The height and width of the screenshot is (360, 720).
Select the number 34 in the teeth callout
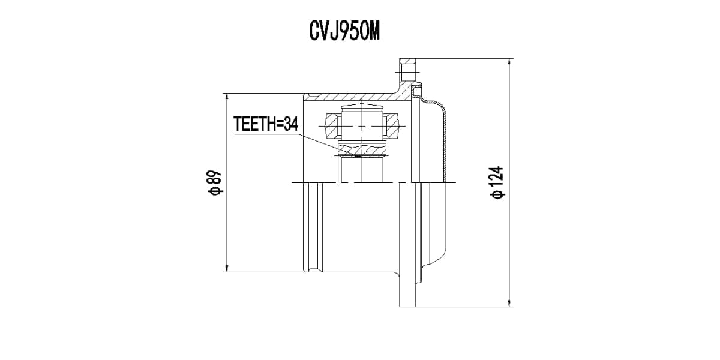(x=290, y=124)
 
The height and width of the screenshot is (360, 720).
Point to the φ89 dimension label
(x=215, y=183)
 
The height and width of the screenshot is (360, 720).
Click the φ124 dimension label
(x=497, y=183)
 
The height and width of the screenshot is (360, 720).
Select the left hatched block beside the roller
(x=332, y=127)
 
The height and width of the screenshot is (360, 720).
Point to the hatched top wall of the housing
(x=354, y=96)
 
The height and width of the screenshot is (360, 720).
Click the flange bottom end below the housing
(x=407, y=300)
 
